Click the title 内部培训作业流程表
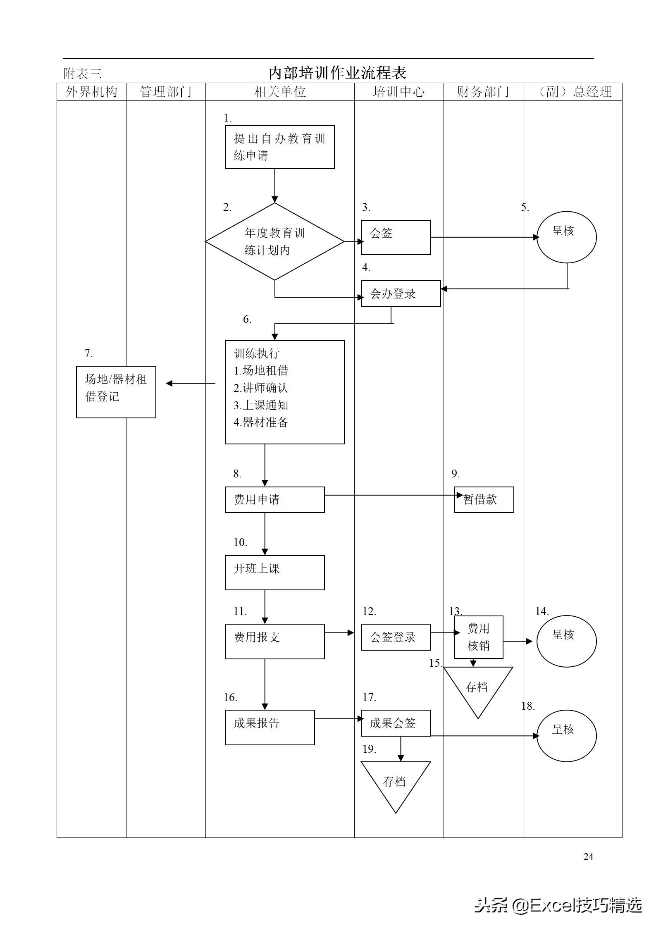pos(337,73)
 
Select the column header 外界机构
pos(91,92)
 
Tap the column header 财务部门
pos(483,92)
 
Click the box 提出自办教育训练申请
pos(279,147)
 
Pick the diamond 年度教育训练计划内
pos(274,241)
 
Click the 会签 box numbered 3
pos(396,237)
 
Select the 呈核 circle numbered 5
pos(566,237)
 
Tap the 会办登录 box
pos(401,294)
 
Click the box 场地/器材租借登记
pos(116,392)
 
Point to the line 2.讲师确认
pos(261,388)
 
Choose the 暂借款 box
pos(484,500)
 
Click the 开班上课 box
pos(274,573)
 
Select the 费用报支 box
pos(274,641)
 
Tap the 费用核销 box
pos(479,637)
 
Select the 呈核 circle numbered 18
pos(566,736)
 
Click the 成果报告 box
pos(270,728)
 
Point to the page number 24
pos(588,856)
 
